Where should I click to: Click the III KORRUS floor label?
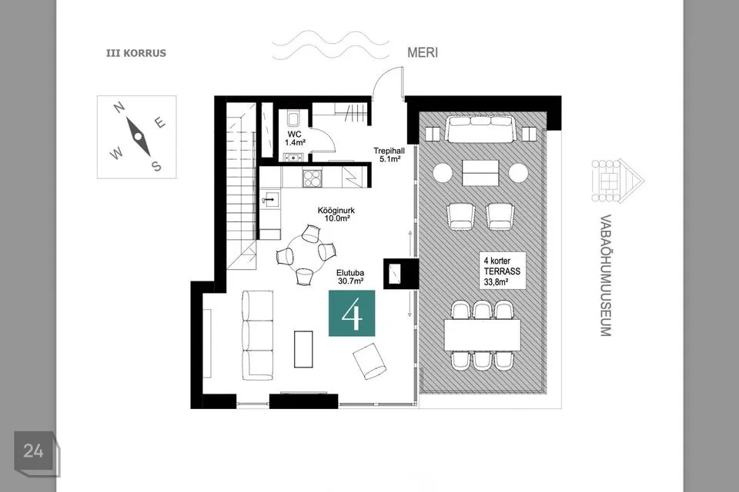tap(136, 53)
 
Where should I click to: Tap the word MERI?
tap(423, 53)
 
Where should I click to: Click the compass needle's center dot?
tap(138, 136)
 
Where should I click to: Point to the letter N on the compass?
tap(119, 108)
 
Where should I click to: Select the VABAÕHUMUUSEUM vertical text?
tap(606, 275)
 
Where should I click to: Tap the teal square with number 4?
tap(352, 313)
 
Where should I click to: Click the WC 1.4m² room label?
tap(294, 138)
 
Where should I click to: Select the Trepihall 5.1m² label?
tap(390, 155)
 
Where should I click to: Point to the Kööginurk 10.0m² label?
tap(336, 214)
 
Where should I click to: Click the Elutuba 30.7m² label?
tap(350, 277)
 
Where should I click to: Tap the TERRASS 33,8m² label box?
tap(503, 271)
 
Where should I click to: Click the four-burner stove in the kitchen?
tap(312, 178)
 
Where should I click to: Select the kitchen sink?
tap(270, 200)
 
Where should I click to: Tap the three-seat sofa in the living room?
tap(258, 335)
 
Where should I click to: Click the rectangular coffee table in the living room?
tap(303, 349)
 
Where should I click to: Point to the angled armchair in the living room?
tap(370, 361)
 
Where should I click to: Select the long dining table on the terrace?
tap(483, 334)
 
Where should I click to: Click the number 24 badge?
tap(33, 451)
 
